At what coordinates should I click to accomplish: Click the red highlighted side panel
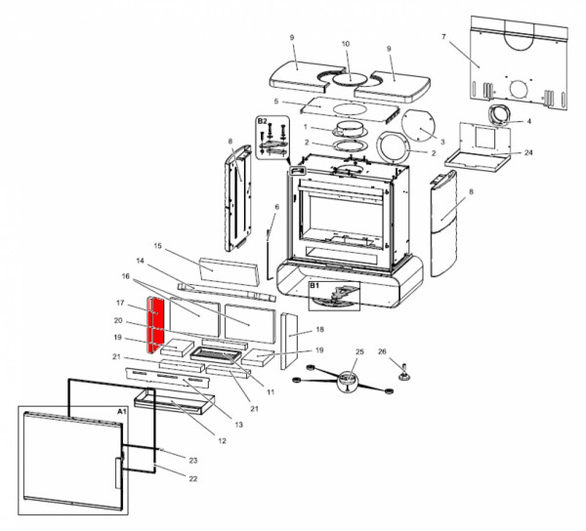154,324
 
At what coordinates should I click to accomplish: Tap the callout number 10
345,44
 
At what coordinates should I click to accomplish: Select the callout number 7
443,36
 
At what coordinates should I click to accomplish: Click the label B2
262,121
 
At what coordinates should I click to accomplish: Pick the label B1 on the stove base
314,286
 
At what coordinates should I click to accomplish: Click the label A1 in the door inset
121,413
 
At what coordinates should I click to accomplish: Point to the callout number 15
155,246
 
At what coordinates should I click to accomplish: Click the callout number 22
192,479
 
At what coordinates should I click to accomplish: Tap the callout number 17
118,303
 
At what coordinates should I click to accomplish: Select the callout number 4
528,121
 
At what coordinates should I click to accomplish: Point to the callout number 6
276,207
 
